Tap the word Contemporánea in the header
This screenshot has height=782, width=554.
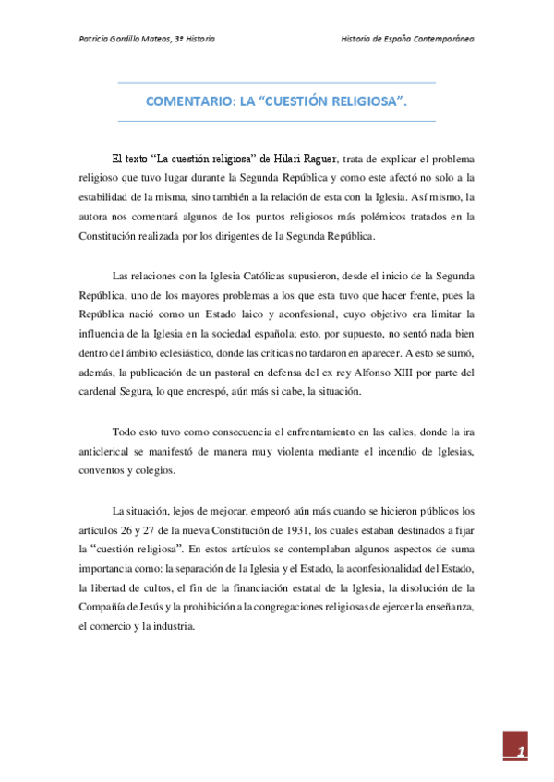click(x=450, y=40)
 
